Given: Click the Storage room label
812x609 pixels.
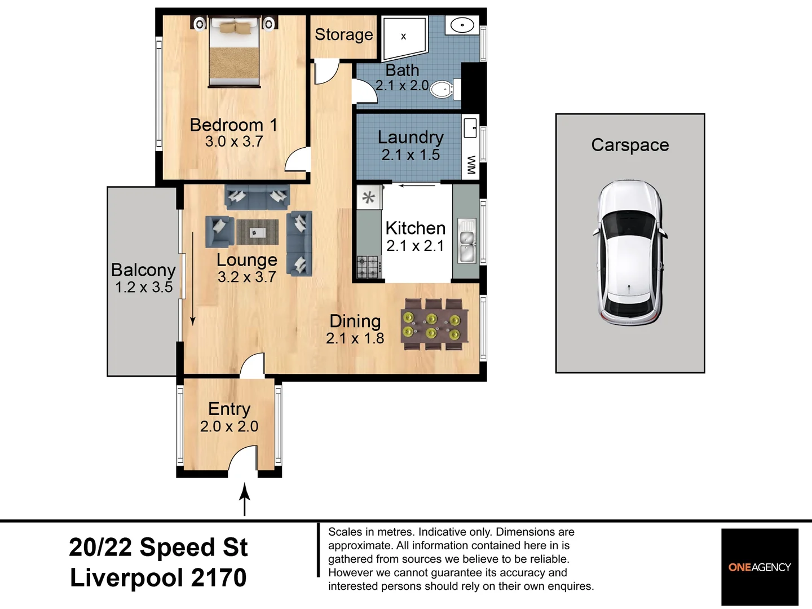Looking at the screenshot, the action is tap(343, 35).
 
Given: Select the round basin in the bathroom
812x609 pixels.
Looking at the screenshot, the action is tap(462, 25).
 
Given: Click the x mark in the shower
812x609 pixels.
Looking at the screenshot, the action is tap(404, 37).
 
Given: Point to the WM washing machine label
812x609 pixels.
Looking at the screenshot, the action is tap(471, 165).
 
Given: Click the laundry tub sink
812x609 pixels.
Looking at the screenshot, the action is tap(470, 128).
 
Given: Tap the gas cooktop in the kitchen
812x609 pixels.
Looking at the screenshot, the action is tap(369, 267).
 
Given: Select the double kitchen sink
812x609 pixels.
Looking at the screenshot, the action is tap(467, 241).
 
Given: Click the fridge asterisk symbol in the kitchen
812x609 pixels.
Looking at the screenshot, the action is tap(368, 197).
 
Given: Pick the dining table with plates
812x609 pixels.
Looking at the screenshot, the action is tap(435, 324).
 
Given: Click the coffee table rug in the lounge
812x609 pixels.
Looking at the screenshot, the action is tap(258, 232).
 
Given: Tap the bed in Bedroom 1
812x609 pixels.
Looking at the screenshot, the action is tap(234, 52).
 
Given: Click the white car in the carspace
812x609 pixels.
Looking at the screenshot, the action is tap(630, 253).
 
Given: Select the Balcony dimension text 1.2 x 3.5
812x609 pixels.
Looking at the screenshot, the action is tap(144, 288).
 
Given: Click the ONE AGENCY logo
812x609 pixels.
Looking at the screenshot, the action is tap(760, 567).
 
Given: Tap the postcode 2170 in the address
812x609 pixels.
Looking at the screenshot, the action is tap(219, 577).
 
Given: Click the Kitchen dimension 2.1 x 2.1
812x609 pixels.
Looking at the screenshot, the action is tap(415, 246).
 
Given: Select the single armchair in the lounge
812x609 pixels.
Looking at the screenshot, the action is tap(220, 232).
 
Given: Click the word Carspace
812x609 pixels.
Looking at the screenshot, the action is tap(630, 145).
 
